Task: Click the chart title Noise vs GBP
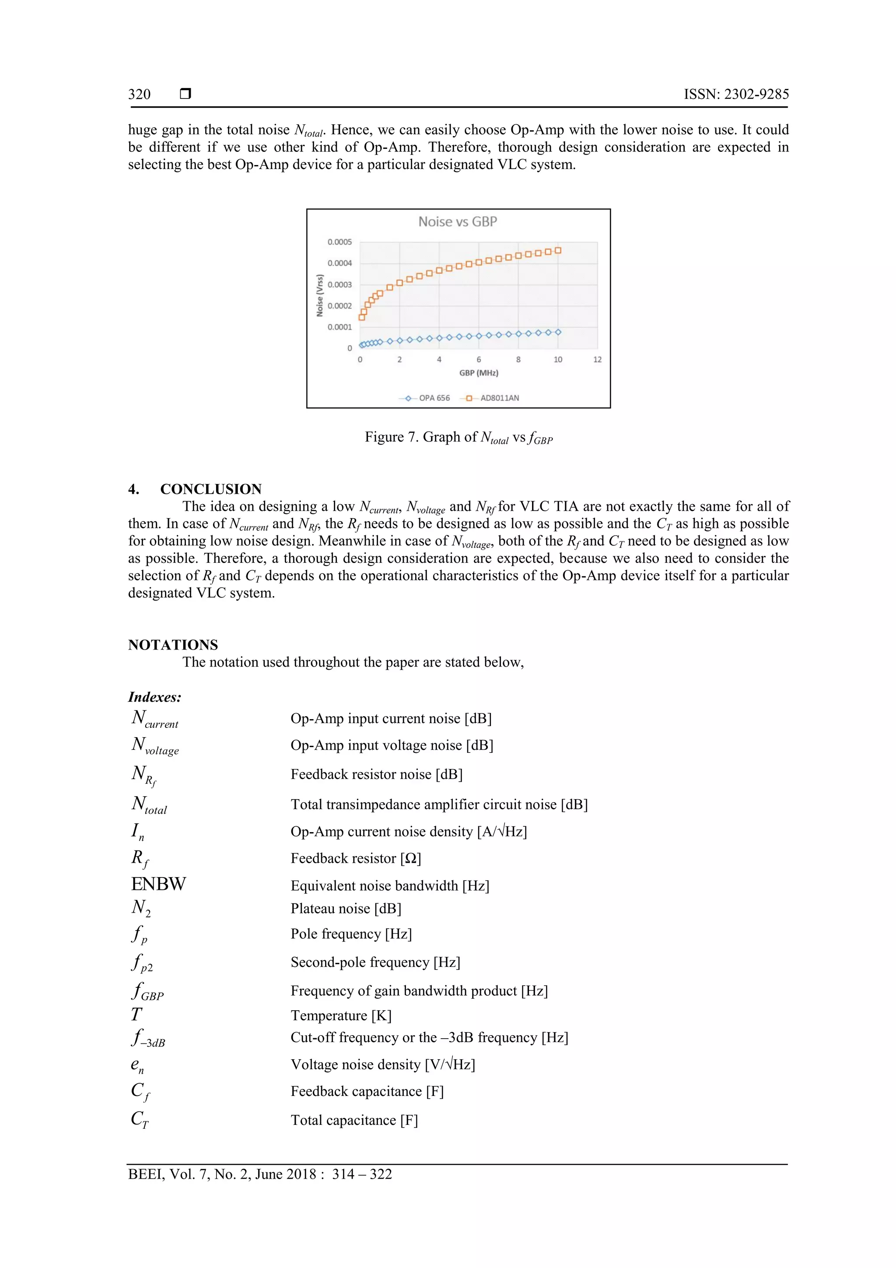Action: tap(457, 221)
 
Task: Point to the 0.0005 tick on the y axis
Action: tap(339, 242)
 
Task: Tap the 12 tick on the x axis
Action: tap(597, 359)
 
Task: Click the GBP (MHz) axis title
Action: tap(478, 373)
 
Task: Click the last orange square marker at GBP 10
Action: tap(557, 251)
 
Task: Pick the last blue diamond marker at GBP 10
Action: tap(557, 332)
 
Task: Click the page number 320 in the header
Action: tap(139, 95)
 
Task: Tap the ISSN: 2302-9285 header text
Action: tap(736, 95)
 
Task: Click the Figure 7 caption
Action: tap(458, 437)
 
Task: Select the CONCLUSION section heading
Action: tap(210, 489)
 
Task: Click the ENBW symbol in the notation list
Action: tap(158, 884)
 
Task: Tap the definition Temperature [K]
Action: tap(341, 1015)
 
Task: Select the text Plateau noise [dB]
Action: tap(346, 909)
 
